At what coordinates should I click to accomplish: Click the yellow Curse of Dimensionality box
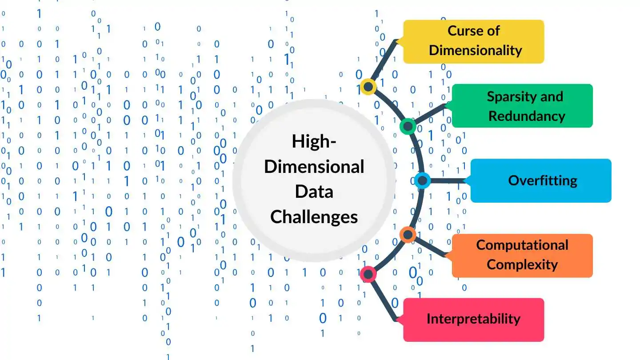coord(473,42)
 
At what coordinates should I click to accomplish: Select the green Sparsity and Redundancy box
coord(522,106)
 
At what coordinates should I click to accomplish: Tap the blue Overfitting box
coord(541,180)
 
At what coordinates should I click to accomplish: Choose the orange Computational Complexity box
coord(522,256)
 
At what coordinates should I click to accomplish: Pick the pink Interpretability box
coord(473,320)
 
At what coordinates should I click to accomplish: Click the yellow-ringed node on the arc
coord(368,87)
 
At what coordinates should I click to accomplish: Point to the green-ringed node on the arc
coord(408,126)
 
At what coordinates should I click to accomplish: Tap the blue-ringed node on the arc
coord(422,180)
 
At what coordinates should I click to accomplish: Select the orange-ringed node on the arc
coord(408,235)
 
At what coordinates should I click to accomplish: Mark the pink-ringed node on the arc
coord(368,274)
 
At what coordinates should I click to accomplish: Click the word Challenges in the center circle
coord(314,217)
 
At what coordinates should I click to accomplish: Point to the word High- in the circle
coord(314,141)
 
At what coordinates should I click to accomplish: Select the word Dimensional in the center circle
coord(314,167)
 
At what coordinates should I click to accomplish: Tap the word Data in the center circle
coord(314,192)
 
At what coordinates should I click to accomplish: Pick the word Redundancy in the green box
coord(527,116)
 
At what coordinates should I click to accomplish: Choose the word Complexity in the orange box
coord(522,264)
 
